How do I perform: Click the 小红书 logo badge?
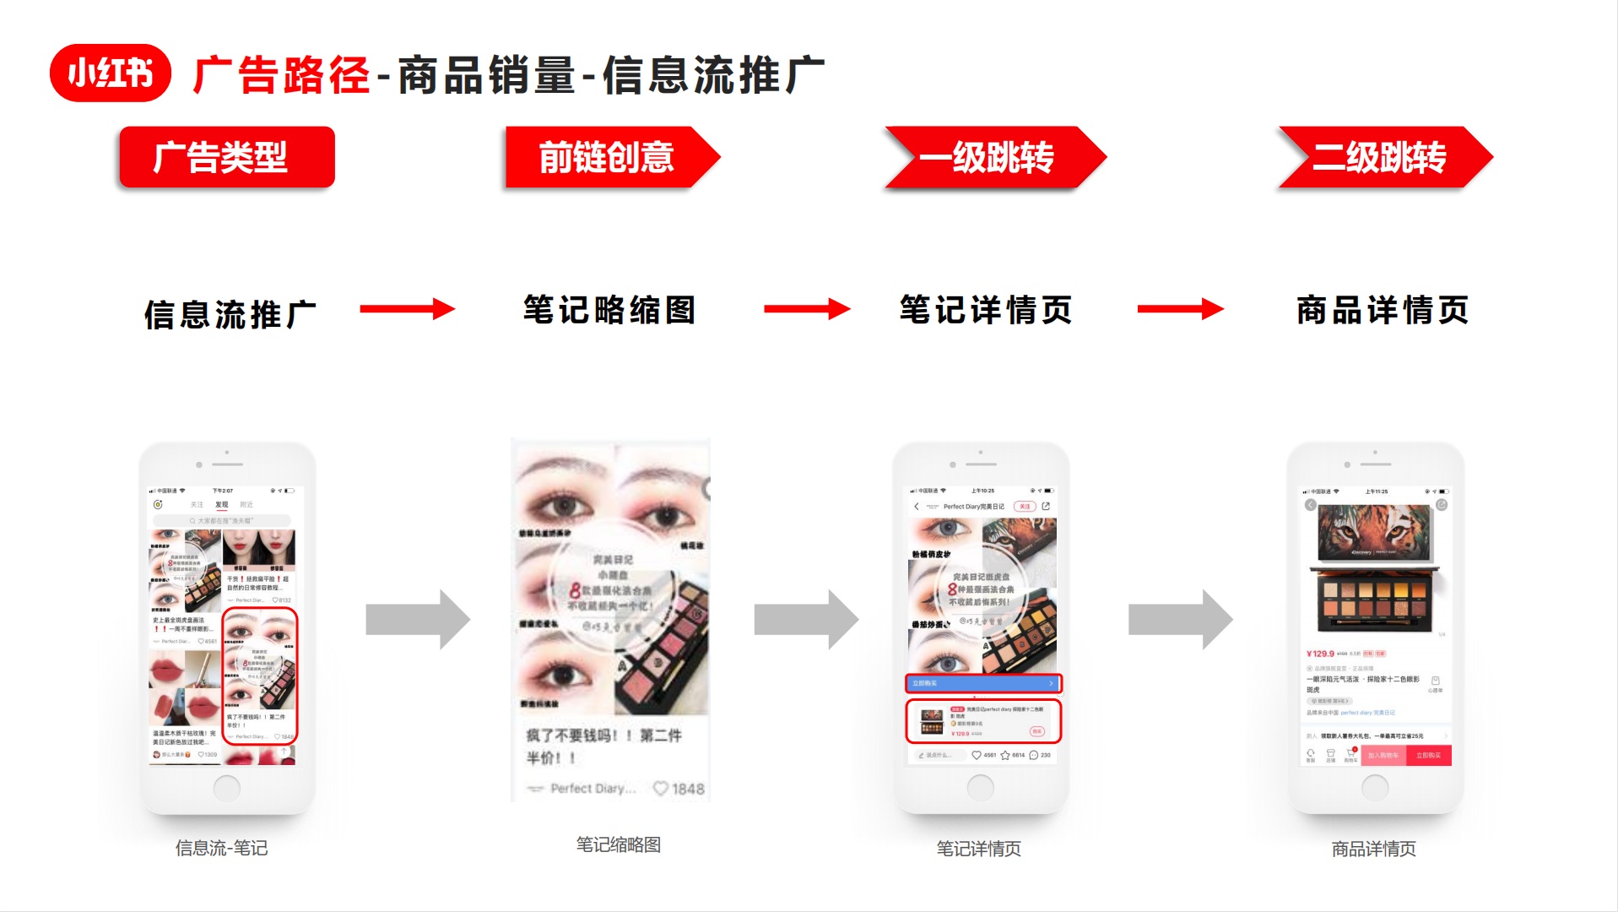coord(110,73)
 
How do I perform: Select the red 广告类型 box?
coord(227,157)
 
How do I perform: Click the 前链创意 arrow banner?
coord(608,157)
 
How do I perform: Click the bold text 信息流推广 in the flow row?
coord(230,314)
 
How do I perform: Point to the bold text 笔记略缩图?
coord(609,310)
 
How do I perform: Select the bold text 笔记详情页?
coord(985,310)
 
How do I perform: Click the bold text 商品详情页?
coord(1383,310)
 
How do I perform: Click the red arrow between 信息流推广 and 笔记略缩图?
coord(407,309)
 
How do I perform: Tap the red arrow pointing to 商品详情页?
coord(1179,309)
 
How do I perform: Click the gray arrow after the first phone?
coord(417,620)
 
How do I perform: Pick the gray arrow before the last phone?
coord(1179,620)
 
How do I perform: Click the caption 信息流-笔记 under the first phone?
coord(221,848)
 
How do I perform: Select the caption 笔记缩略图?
coord(618,844)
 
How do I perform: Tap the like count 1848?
coord(687,789)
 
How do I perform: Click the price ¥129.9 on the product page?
coord(1320,654)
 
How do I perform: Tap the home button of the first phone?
coord(226,788)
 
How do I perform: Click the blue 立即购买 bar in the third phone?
coord(983,683)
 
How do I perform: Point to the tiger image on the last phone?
coord(1375,533)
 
